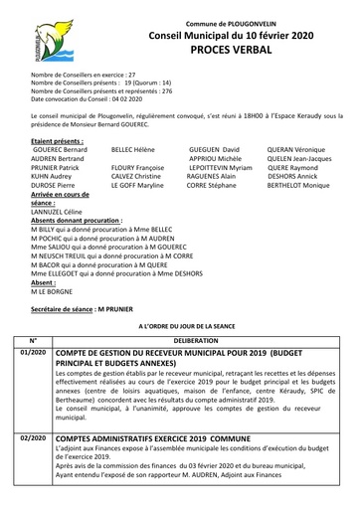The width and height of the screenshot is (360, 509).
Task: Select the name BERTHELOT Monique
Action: [x=298, y=185]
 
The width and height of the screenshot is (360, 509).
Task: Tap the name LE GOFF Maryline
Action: [x=137, y=185]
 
